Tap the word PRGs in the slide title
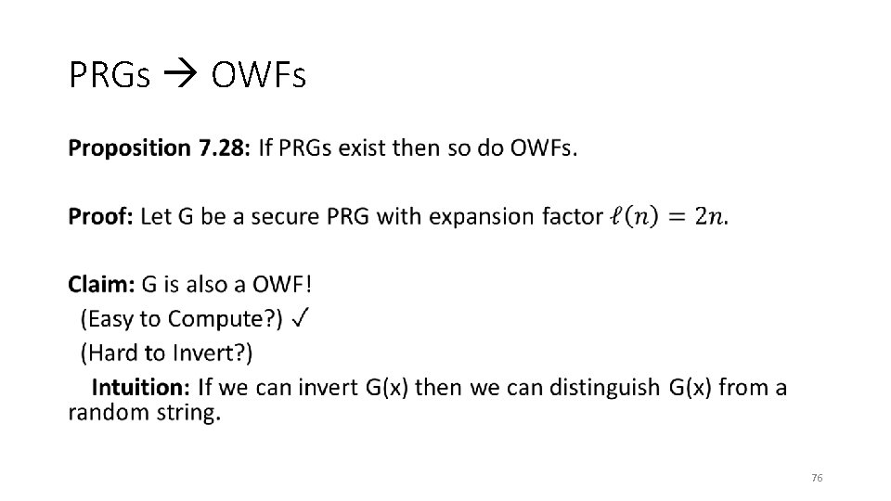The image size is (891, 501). coord(109,75)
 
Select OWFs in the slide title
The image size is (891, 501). coord(258,75)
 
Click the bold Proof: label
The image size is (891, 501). coord(101,217)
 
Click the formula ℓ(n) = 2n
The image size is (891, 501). coord(667,217)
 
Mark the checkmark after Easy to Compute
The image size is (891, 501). coord(300,319)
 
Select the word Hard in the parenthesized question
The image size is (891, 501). coord(110,353)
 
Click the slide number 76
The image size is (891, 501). coord(816,478)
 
